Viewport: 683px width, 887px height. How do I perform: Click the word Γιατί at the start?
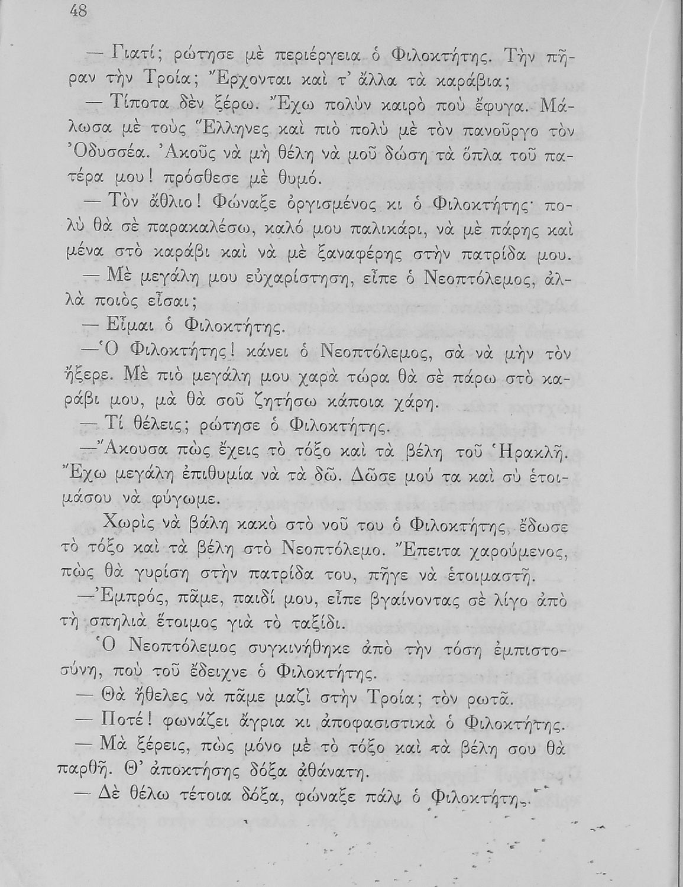click(132, 58)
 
